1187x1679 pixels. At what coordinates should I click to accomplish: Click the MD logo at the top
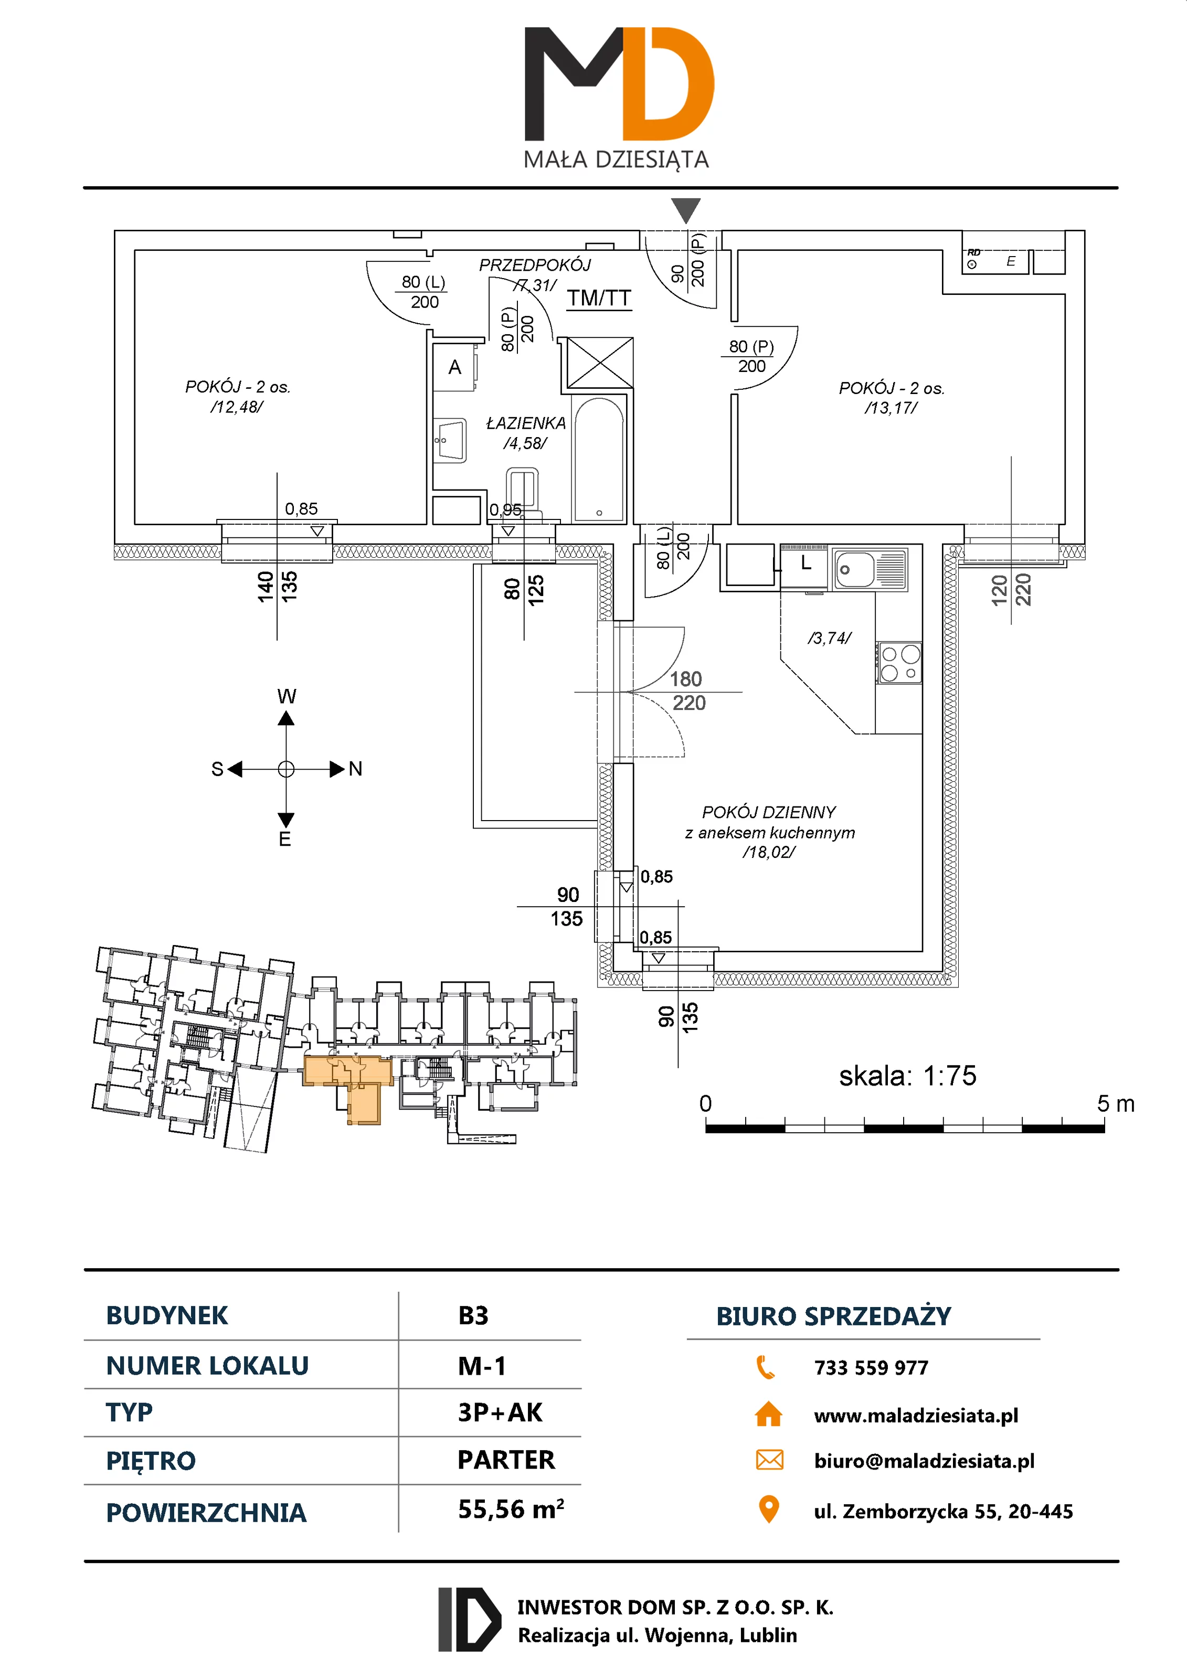[x=618, y=84]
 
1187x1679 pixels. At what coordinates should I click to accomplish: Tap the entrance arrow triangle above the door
[x=685, y=210]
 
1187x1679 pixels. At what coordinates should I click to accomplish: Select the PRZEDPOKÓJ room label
[x=535, y=265]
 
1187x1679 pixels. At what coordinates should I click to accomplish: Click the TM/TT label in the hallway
[x=598, y=299]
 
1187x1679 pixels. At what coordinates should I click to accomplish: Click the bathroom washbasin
[x=451, y=440]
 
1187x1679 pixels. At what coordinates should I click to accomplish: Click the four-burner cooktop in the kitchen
[x=899, y=663]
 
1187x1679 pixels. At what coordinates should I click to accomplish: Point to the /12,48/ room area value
[x=236, y=407]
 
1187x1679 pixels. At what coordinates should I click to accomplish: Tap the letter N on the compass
[x=355, y=769]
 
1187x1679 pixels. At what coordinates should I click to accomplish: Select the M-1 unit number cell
[x=482, y=1366]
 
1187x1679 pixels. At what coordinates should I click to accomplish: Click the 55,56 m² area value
[x=511, y=1508]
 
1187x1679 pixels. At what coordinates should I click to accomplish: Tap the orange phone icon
[x=766, y=1367]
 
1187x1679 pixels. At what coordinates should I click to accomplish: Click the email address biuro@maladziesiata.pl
[x=924, y=1461]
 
